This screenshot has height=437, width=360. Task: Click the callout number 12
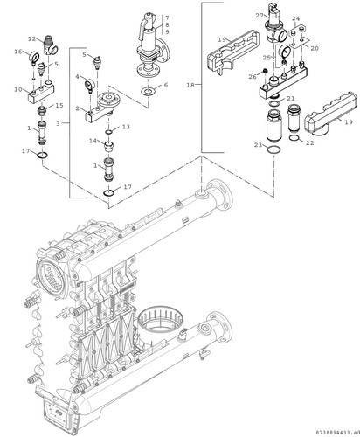[31, 38]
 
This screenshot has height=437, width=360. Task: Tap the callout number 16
[18, 52]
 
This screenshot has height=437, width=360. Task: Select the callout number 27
[260, 16]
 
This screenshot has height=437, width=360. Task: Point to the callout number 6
[166, 85]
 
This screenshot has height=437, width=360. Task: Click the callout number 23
[259, 145]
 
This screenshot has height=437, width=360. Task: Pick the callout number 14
[93, 141]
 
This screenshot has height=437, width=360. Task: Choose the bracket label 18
[190, 85]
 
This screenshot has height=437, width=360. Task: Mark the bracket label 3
[58, 123]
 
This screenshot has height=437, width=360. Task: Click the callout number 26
[253, 77]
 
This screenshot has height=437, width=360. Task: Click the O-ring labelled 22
[294, 137]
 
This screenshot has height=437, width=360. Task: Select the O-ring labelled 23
[273, 149]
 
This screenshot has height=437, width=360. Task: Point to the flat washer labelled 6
[147, 92]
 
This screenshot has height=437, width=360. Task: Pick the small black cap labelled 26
[265, 71]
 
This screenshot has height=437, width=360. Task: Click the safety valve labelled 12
[51, 45]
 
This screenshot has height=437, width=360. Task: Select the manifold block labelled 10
[42, 93]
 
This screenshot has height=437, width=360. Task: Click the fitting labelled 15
[43, 110]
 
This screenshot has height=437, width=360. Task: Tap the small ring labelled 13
[108, 132]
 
